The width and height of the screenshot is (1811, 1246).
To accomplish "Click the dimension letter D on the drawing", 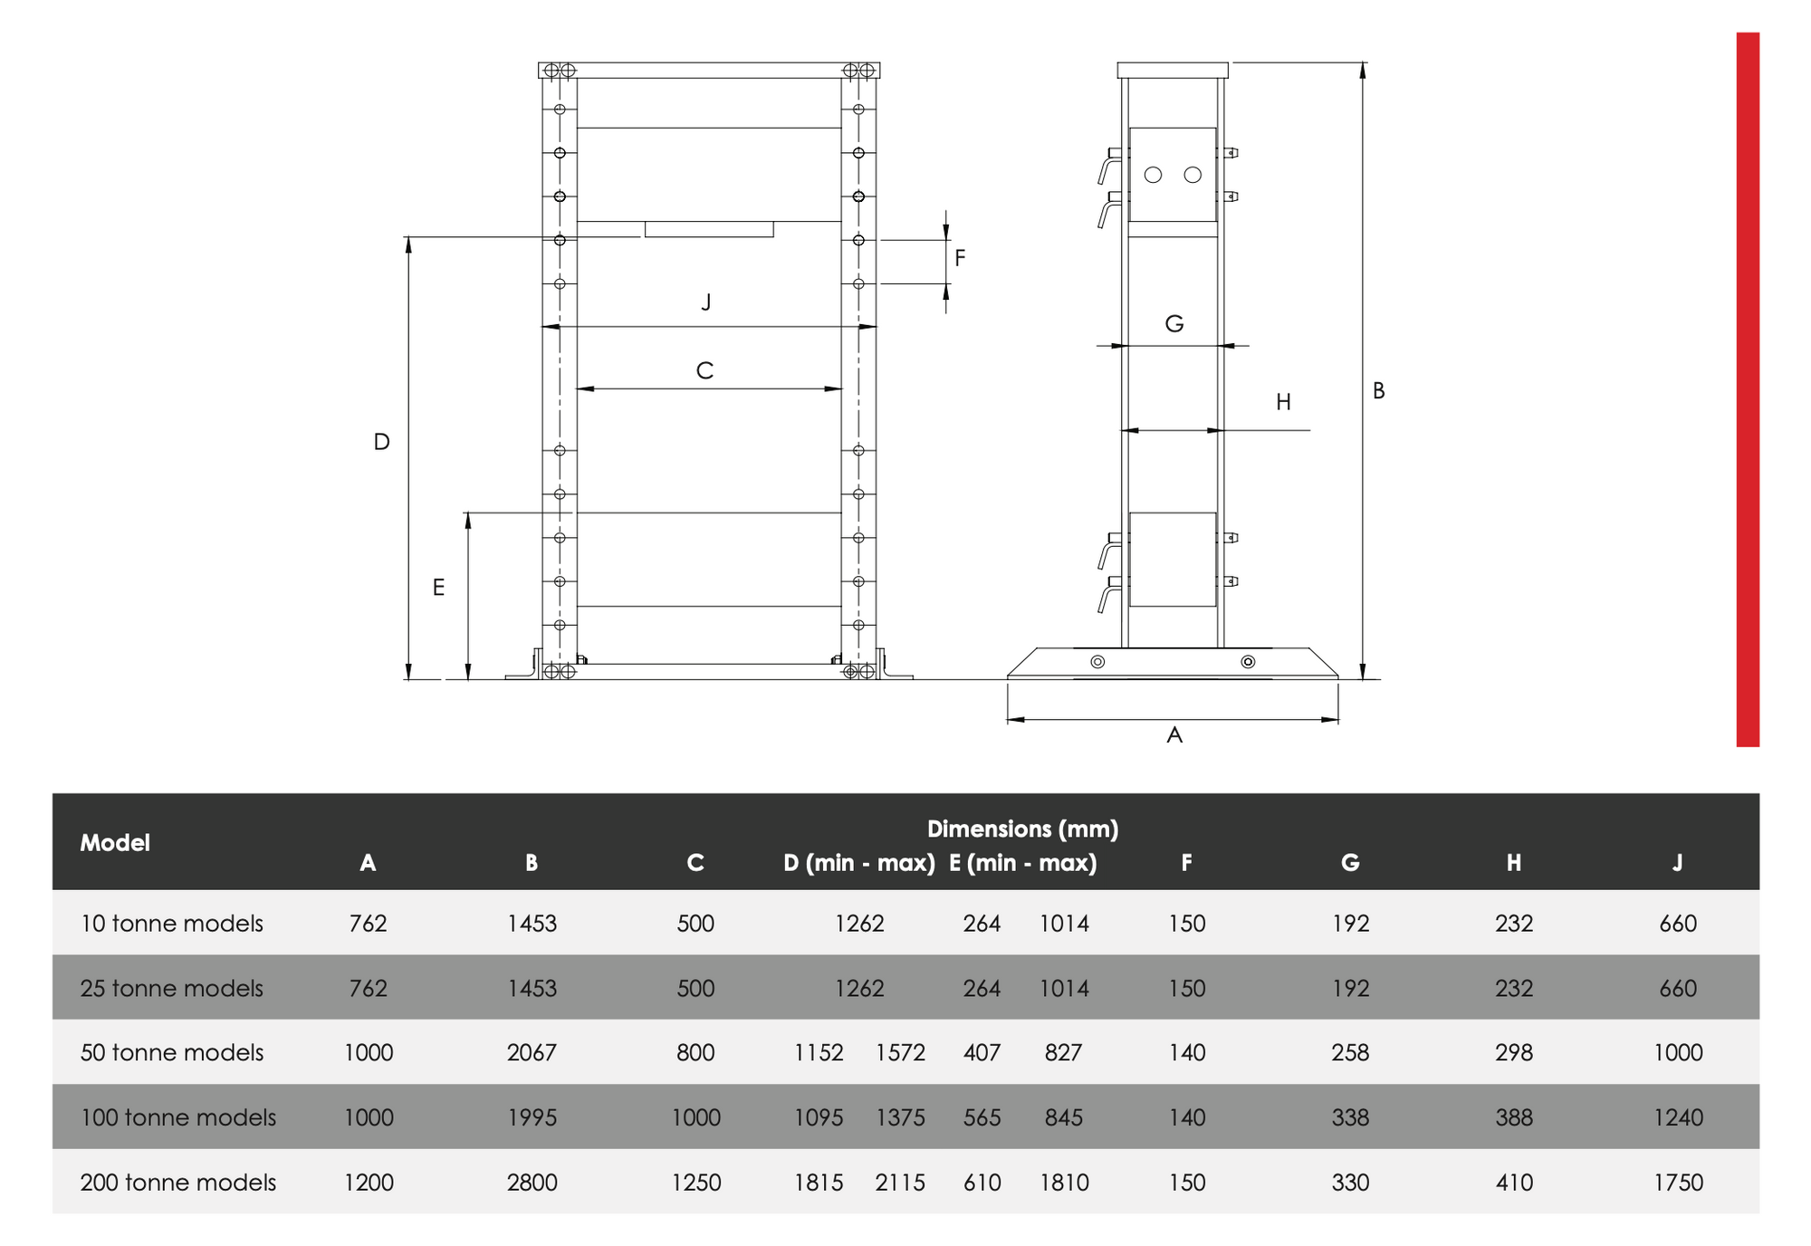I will [x=382, y=442].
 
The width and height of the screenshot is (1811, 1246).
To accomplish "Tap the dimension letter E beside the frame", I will [x=438, y=588].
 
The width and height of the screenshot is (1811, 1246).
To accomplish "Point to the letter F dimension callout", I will [x=960, y=258].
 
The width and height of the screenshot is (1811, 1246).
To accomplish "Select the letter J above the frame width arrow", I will [x=706, y=302].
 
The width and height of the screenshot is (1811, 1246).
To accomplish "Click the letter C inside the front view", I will [x=704, y=370].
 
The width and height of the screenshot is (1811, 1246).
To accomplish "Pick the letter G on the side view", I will [x=1174, y=323].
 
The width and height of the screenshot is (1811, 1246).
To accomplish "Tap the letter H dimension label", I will [x=1283, y=402].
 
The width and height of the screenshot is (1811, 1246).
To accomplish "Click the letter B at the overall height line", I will [x=1378, y=390].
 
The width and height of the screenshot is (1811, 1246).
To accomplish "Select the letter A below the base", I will [x=1174, y=734].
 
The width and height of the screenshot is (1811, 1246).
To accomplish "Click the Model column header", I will [x=115, y=842].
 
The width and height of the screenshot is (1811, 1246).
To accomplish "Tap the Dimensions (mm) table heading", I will [x=1022, y=829].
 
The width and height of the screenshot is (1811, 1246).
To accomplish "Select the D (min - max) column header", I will [x=858, y=863].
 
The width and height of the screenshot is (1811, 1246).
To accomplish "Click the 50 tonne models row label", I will [x=172, y=1052].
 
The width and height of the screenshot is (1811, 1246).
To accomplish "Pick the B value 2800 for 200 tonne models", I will [x=532, y=1182].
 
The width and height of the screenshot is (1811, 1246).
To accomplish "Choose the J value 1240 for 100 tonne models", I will [x=1678, y=1117].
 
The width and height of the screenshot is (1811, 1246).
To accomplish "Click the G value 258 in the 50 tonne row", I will [x=1349, y=1052].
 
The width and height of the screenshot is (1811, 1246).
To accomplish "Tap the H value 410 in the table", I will [x=1514, y=1182].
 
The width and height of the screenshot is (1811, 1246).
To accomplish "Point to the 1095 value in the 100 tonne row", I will [x=819, y=1117].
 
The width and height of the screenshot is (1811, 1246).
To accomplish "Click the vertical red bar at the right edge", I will [x=1747, y=389].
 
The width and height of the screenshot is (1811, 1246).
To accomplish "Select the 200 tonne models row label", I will [x=178, y=1182].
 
